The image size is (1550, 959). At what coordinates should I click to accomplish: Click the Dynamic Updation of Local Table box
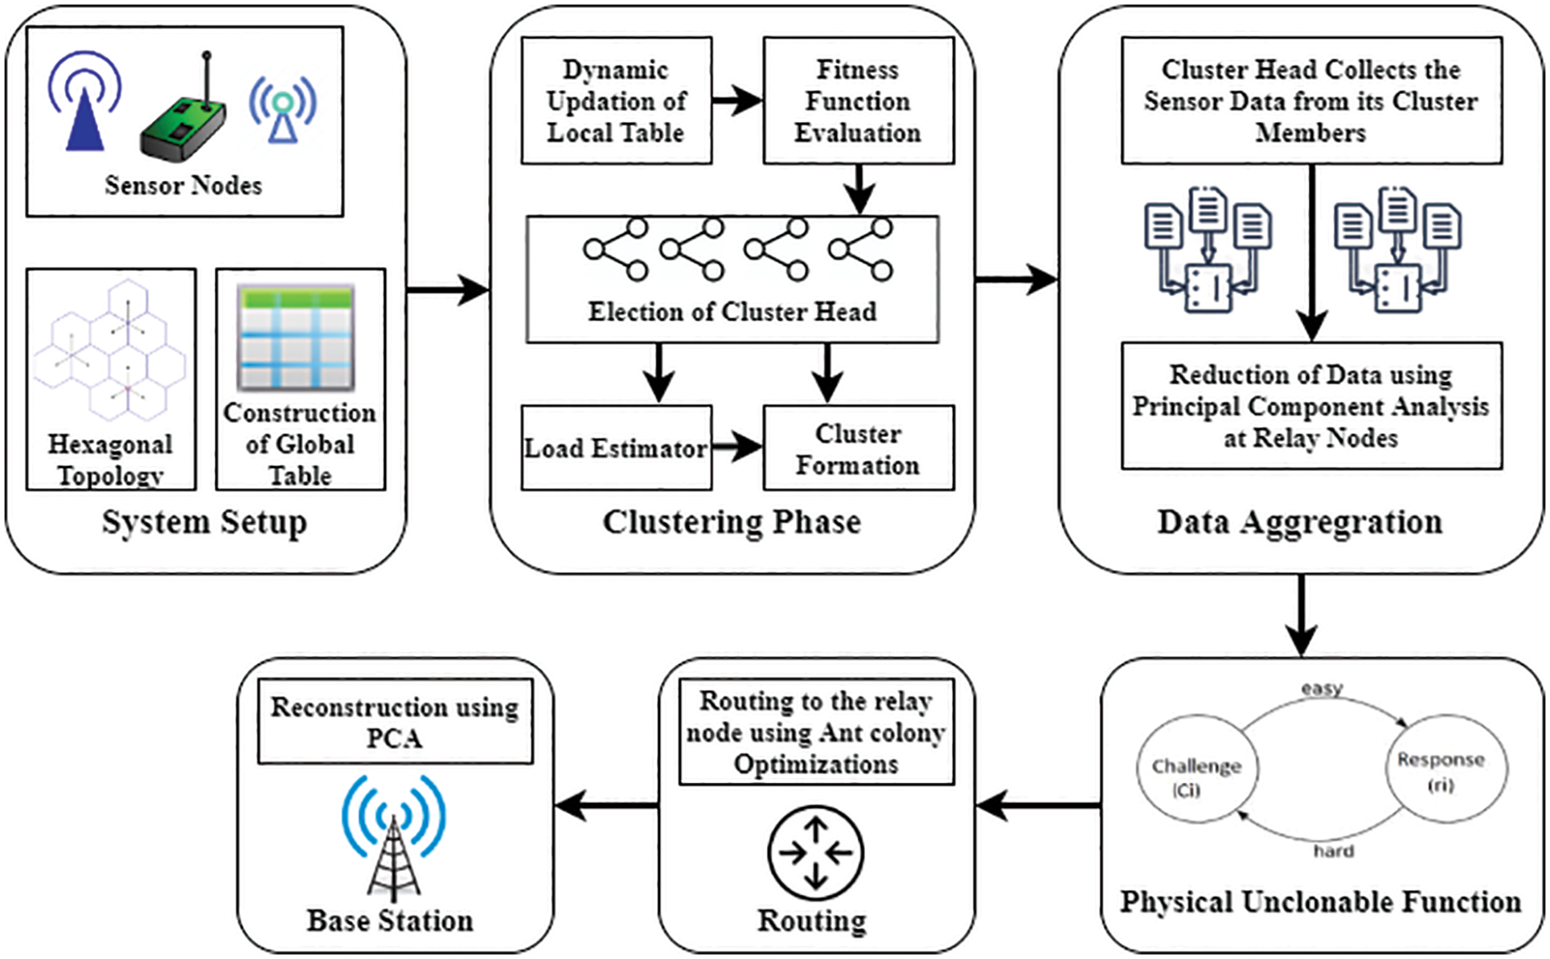(x=616, y=100)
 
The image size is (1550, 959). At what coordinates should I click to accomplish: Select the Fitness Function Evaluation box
(x=858, y=100)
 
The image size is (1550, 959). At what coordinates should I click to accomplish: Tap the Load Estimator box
(x=616, y=448)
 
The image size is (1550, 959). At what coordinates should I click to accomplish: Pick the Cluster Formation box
(x=858, y=448)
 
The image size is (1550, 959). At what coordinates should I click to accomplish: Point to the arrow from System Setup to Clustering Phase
(x=448, y=289)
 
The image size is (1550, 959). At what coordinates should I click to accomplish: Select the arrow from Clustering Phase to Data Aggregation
(x=1016, y=280)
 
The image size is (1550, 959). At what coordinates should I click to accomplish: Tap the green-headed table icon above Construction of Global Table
(x=296, y=338)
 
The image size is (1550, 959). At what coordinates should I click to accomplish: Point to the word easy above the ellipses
(x=1322, y=689)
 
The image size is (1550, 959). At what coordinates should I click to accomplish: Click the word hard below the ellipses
(x=1334, y=851)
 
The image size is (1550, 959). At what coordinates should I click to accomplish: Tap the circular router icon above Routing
(x=815, y=853)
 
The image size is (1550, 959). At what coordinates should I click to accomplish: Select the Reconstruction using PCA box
(x=395, y=721)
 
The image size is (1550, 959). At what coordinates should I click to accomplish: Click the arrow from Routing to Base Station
(x=606, y=805)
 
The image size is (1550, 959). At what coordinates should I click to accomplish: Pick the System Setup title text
(x=204, y=523)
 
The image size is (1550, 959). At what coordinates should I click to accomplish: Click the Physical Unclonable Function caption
(x=1321, y=902)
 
